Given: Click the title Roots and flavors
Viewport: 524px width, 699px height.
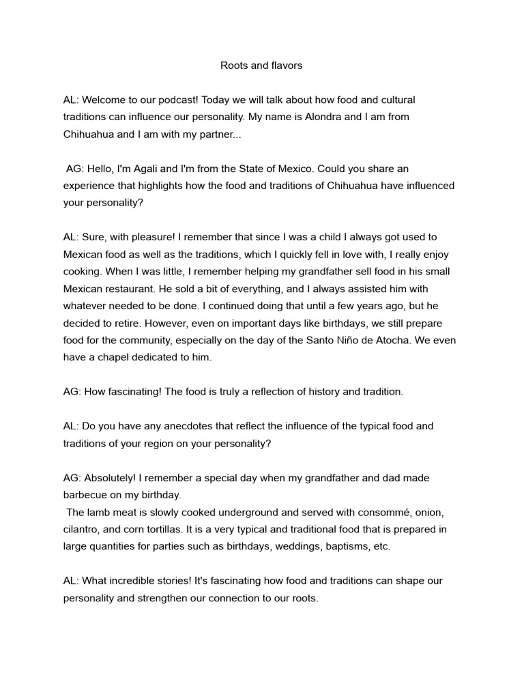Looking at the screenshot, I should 261,66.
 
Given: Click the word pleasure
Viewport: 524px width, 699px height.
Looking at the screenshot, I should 154,237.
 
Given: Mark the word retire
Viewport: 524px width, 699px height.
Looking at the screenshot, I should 130,323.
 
